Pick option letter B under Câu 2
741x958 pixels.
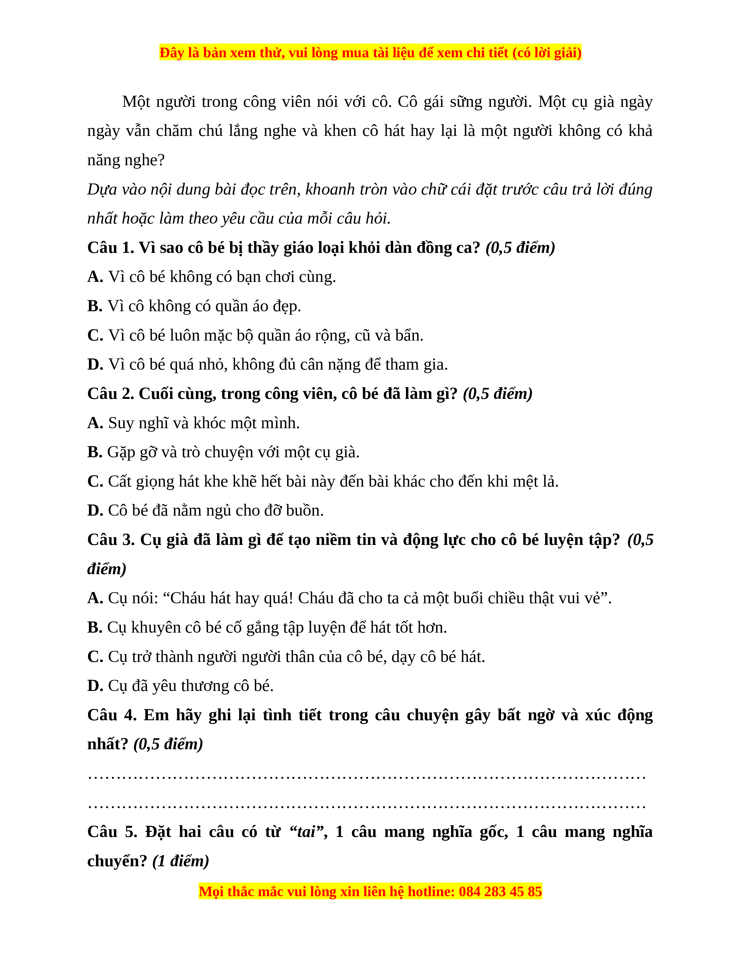tap(94, 452)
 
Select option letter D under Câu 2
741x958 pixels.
tap(95, 511)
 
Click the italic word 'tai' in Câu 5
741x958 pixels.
tap(306, 832)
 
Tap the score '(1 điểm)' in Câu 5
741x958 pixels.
tap(180, 861)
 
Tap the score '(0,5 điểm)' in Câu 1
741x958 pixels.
tap(520, 248)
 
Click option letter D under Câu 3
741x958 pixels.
tap(95, 686)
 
